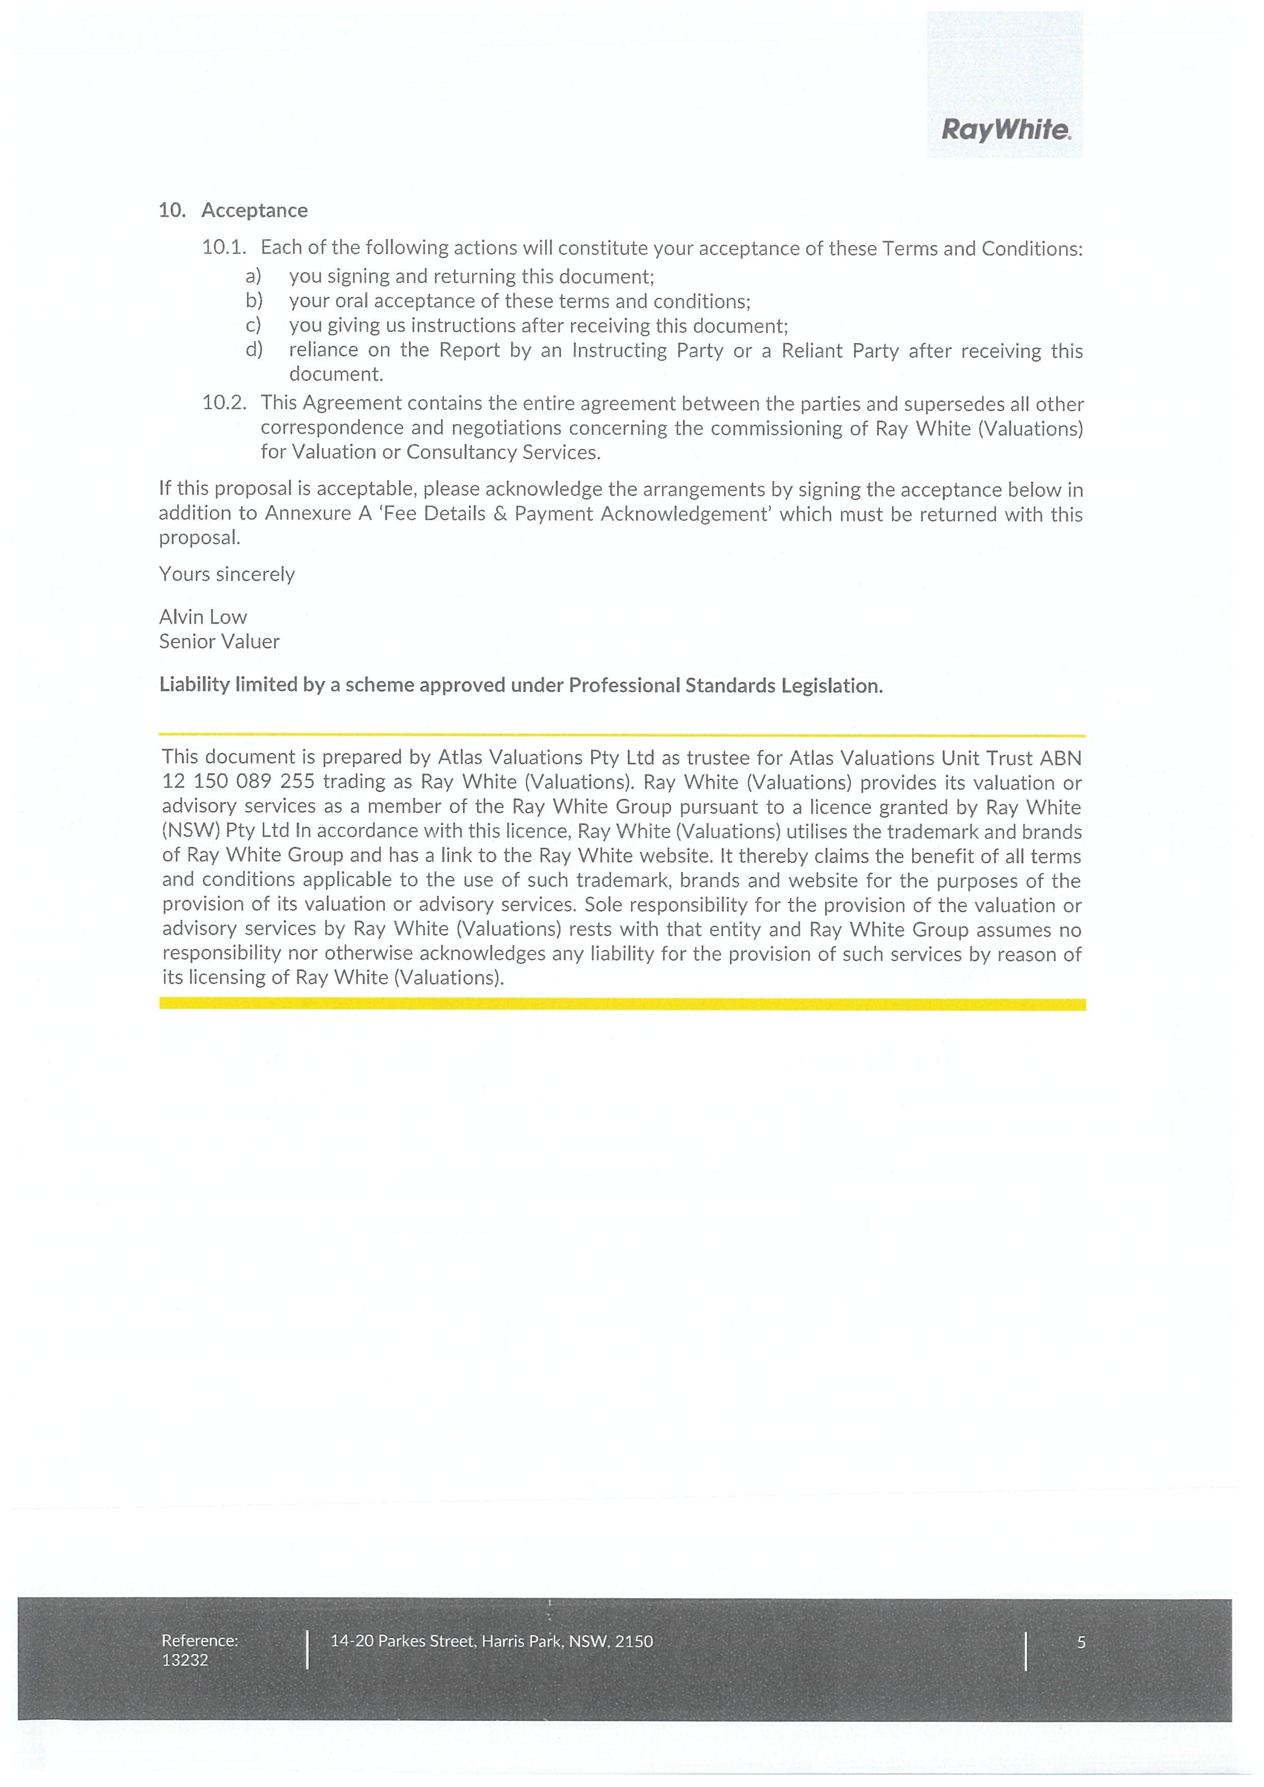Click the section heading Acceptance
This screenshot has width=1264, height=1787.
click(x=255, y=210)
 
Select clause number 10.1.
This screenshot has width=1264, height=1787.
click(x=224, y=247)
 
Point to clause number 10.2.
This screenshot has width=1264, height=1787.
click(x=224, y=403)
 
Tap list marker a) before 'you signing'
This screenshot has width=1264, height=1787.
click(x=254, y=276)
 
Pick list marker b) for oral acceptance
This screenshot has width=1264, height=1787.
click(x=254, y=300)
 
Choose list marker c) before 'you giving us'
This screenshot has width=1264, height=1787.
click(x=254, y=325)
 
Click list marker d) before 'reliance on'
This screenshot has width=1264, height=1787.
click(x=254, y=349)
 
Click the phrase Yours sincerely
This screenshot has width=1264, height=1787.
click(x=227, y=574)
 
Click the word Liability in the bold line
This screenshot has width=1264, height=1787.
click(x=193, y=685)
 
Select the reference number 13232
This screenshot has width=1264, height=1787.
click(x=185, y=1660)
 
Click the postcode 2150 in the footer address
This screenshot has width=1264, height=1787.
click(x=634, y=1641)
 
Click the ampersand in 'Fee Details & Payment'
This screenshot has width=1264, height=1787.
click(x=500, y=515)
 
